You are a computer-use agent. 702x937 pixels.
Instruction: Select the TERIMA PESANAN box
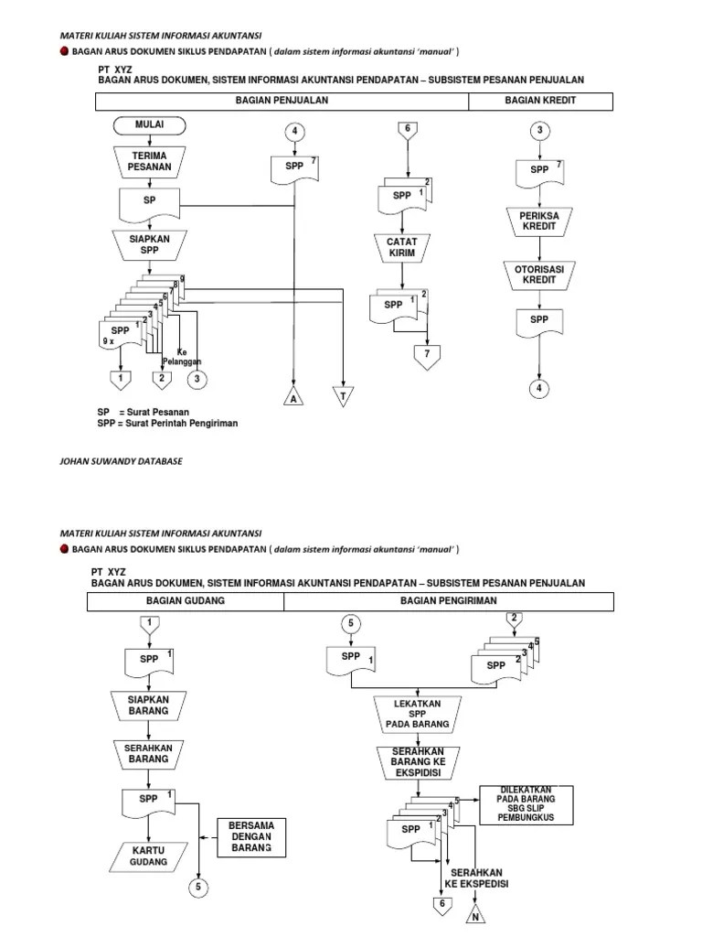(148, 162)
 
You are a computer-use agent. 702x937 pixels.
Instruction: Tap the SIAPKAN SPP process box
(148, 244)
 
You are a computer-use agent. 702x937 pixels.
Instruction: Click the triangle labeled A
(293, 396)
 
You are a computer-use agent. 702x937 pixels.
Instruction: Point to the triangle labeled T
(345, 396)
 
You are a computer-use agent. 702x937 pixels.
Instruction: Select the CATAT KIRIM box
(402, 248)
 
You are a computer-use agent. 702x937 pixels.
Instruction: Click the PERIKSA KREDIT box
(539, 220)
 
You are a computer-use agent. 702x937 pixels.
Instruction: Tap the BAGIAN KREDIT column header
(540, 101)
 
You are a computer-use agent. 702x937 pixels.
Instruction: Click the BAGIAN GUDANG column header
(186, 600)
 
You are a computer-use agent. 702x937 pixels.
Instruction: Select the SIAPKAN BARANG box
(148, 705)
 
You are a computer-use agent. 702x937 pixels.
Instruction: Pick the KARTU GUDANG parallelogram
(148, 857)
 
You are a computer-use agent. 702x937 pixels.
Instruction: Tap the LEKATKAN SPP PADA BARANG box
(423, 714)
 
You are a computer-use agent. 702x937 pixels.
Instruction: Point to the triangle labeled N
(475, 916)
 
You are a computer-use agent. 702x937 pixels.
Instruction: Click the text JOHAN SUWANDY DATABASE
(121, 461)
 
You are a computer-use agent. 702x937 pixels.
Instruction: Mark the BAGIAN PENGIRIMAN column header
(448, 600)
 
